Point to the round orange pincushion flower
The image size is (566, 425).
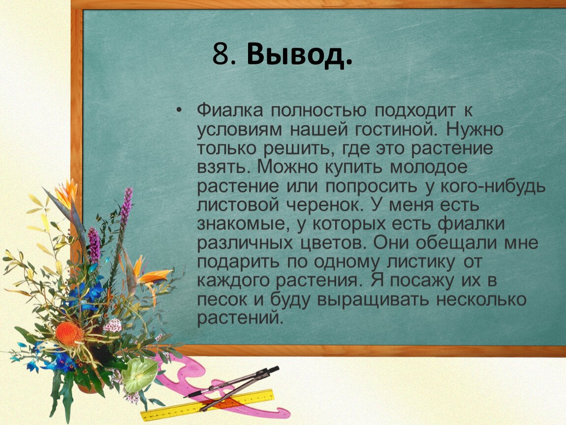(x=69, y=334)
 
